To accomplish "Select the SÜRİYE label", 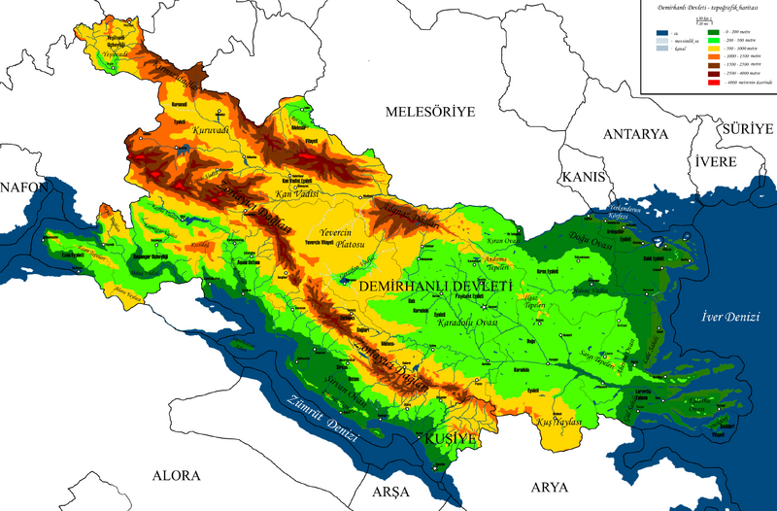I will pyautogui.click(x=745, y=128).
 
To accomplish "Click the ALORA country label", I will pyautogui.click(x=176, y=475).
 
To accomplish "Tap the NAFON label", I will pyautogui.click(x=17, y=186).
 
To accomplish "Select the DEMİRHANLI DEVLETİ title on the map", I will pyautogui.click(x=434, y=288).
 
